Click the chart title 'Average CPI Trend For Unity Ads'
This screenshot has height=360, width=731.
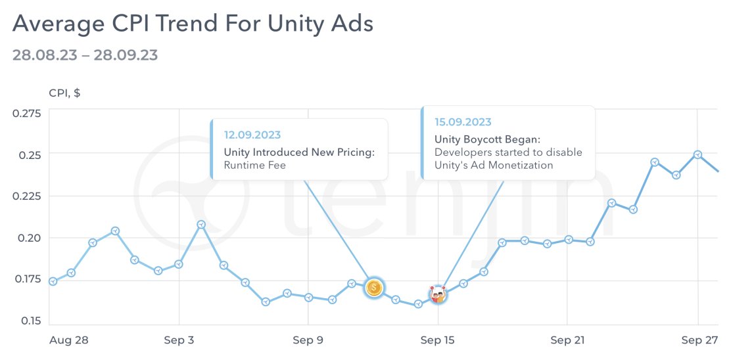[x=193, y=24]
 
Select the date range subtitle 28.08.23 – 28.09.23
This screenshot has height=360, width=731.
[x=85, y=55]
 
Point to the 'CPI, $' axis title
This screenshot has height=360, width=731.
[x=64, y=93]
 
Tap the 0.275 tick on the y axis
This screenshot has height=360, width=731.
[x=26, y=113]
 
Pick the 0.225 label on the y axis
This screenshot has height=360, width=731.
[x=26, y=196]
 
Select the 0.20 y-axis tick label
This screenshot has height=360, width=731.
[x=29, y=238]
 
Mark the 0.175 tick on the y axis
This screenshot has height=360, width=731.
[x=26, y=279]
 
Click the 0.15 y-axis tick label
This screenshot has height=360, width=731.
[x=29, y=321]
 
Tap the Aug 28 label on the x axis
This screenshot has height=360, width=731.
[x=69, y=340]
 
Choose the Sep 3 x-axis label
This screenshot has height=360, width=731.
[x=179, y=340]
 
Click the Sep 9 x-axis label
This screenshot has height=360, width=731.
[x=308, y=340]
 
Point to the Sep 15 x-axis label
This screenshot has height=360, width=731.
[x=438, y=340]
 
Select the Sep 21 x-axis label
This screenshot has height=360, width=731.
[x=567, y=340]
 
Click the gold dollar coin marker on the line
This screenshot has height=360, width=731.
[x=374, y=287]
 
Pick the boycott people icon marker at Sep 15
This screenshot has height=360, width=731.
[x=438, y=295]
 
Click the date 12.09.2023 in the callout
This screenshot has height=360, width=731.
[x=252, y=135]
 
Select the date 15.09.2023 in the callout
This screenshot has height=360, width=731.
[x=463, y=122]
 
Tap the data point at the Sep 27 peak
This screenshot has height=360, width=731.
[x=697, y=154]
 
